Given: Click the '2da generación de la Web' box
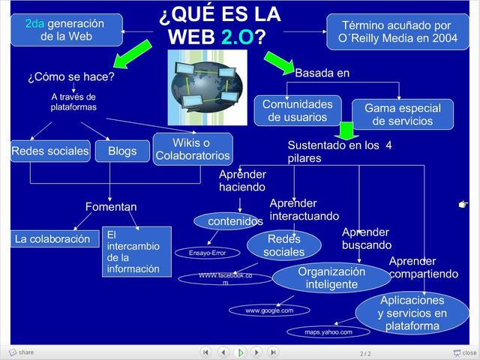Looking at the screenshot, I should [67, 29].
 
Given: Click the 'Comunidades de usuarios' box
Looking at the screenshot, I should [297, 110].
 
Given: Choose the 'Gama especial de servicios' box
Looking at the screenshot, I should [403, 114].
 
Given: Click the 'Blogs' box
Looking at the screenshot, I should [122, 151].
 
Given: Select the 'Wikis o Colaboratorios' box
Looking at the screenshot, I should [193, 148].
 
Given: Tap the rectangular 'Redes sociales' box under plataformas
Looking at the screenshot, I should [50, 151].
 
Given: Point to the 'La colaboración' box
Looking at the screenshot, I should [55, 239].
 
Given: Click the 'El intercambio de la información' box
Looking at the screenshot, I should [136, 251].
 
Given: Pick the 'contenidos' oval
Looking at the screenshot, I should [230, 221].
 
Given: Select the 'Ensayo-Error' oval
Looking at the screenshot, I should [208, 253].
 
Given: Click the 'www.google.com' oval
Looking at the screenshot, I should [269, 310].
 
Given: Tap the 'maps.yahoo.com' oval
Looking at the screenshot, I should [328, 331].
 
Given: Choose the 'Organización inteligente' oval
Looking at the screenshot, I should [331, 277].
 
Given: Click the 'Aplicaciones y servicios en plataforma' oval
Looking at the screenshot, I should [412, 313].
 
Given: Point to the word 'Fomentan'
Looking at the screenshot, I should [111, 206].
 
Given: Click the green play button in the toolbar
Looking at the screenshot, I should [240, 352].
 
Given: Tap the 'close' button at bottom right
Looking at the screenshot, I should [465, 352].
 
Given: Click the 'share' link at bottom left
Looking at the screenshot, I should [22, 352].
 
